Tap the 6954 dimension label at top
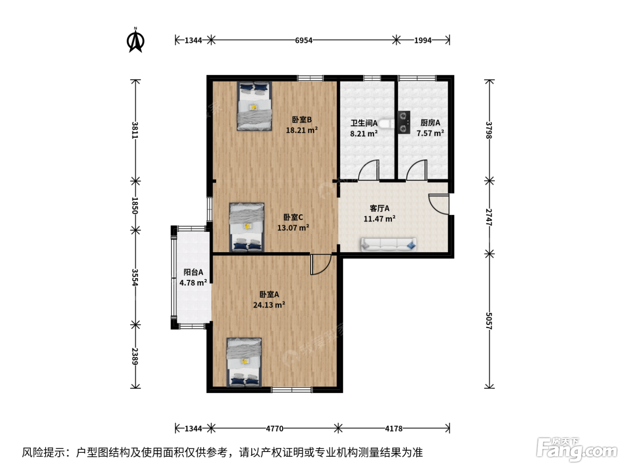[304, 41]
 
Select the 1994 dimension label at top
[423, 41]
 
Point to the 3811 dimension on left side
[135, 130]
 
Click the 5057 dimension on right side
[489, 320]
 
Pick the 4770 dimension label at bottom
[275, 428]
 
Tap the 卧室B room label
[302, 119]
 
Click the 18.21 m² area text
[302, 131]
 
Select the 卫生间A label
[364, 123]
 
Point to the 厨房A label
[430, 123]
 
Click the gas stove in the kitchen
[404, 122]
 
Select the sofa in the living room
[389, 245]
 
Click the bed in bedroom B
[254, 106]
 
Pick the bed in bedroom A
[244, 362]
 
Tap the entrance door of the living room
[439, 204]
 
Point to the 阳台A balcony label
[193, 272]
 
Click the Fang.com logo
[577, 449]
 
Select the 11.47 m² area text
[379, 219]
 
